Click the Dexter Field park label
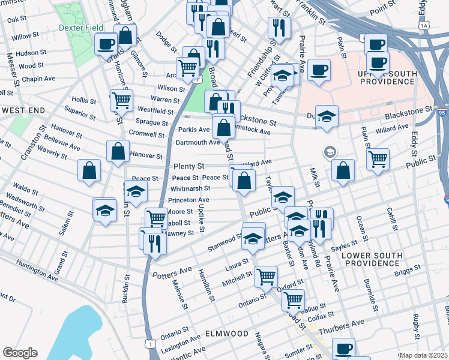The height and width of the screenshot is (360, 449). pos(82,28)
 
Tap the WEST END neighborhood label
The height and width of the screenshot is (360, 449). pos(23,111)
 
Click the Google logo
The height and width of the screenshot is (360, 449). pos(20,353)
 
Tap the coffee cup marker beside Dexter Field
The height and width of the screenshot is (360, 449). pos(106,43)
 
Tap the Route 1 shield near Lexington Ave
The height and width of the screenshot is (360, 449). pos(150,343)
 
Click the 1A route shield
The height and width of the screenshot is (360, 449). pos(425,26)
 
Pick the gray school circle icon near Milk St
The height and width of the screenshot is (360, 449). pos(330,152)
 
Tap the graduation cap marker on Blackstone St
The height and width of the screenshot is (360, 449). pos(327,116)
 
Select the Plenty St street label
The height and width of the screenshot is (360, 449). pos(189,166)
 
